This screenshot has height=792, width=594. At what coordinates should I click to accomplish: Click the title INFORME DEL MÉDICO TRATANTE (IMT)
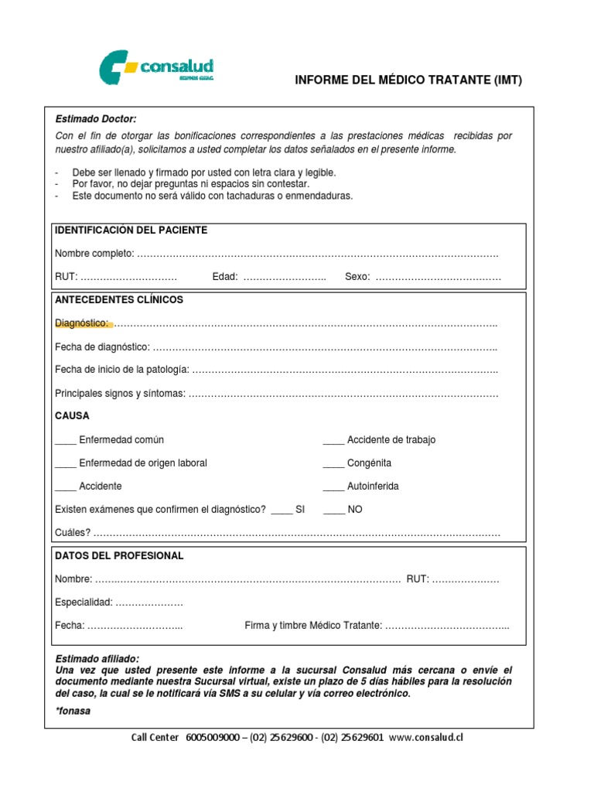[409, 80]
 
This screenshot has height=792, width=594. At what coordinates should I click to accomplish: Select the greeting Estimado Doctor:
[95, 119]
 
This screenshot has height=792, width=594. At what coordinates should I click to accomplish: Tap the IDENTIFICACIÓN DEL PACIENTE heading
[131, 230]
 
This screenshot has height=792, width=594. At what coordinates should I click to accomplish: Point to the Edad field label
[224, 277]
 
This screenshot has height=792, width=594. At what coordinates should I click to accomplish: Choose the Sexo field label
[357, 277]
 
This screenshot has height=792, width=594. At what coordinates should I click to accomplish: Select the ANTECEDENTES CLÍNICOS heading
[119, 299]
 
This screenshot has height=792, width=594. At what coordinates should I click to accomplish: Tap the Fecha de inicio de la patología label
[121, 370]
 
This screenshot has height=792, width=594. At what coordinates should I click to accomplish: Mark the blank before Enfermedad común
[65, 442]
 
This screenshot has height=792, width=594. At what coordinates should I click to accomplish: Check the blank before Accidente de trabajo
[333, 442]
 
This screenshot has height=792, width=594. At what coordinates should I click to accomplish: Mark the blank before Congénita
[333, 465]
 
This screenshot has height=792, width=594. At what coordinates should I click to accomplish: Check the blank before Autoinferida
[333, 488]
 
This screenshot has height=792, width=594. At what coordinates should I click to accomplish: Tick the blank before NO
[333, 511]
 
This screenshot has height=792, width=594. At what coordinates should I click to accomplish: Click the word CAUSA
[72, 415]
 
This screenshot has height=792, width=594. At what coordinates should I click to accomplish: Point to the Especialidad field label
[84, 602]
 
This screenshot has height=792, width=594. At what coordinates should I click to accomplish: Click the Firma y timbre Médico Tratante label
[312, 625]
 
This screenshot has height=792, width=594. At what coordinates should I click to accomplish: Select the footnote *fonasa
[73, 711]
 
